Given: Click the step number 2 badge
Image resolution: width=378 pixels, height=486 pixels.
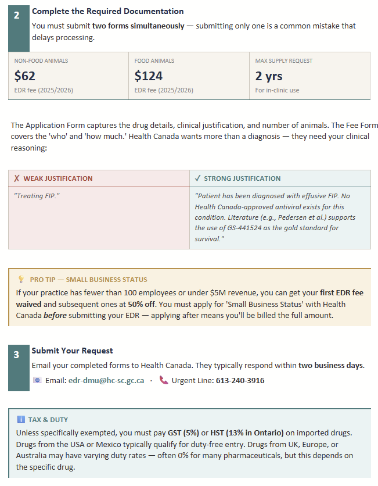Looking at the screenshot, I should coord(17,16).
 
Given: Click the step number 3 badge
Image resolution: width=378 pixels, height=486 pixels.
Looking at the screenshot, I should coord(17,355).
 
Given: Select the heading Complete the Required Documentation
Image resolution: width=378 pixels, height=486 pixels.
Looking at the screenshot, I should coord(107,11).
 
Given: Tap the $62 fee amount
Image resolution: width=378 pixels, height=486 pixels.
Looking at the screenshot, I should coord(25,76).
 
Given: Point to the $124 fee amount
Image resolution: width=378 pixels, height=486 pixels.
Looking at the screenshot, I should coord(149,76).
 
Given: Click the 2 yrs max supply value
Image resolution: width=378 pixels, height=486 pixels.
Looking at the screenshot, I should coord(269,76).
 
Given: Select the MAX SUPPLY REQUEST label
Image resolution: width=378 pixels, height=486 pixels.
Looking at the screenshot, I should coord(284,60).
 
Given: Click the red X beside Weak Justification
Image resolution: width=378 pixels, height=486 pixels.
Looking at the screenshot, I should coord(17,178).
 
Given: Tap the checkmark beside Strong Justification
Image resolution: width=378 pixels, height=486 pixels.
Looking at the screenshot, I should coord(197,178).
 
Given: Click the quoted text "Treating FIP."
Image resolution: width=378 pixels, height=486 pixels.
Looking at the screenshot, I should coord(37,195).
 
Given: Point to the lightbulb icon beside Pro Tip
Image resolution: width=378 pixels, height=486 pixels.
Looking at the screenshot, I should coord(21,279).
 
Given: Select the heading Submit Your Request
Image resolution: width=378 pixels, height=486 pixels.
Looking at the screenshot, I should coord(72,351).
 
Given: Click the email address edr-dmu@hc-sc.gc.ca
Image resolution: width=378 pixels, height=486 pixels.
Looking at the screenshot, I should coord(106,380).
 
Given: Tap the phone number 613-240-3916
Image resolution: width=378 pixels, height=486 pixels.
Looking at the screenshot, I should coord(240,380).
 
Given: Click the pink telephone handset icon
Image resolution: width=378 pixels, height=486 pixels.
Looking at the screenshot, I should coord(164,380).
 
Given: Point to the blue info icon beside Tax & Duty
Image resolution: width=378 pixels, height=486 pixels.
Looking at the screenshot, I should coord(21,419).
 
